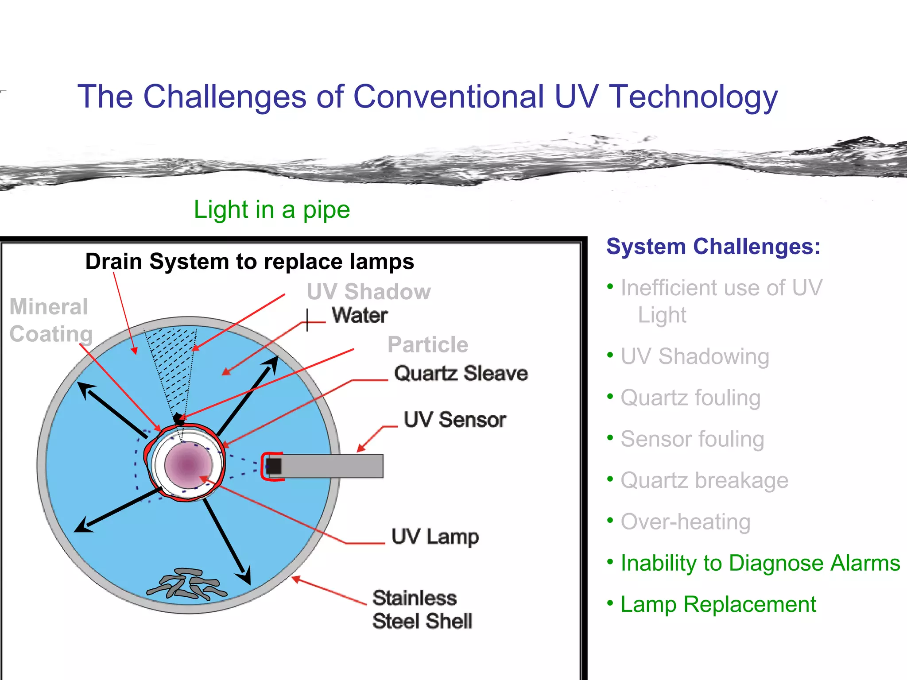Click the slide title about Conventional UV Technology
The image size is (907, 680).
(x=427, y=97)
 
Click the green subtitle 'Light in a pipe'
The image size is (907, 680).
(x=271, y=210)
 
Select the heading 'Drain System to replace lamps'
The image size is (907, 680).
(x=249, y=261)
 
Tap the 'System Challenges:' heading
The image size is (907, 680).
(x=713, y=247)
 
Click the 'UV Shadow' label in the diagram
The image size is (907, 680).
(x=368, y=292)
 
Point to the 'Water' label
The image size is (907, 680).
(x=360, y=316)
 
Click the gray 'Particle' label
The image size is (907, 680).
(x=427, y=345)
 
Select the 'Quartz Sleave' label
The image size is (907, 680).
(x=461, y=373)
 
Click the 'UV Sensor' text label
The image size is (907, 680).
(x=455, y=419)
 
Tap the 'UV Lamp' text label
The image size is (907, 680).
(x=435, y=537)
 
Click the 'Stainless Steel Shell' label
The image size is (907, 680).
(x=422, y=609)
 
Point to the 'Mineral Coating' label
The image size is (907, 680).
(x=50, y=320)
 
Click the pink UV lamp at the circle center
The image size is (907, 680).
(x=188, y=465)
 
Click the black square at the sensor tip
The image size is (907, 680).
(x=274, y=466)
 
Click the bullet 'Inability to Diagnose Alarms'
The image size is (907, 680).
(x=760, y=563)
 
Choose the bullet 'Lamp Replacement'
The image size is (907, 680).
(x=718, y=604)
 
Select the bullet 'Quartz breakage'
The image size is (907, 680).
(x=704, y=480)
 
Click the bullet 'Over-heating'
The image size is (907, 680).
(x=685, y=522)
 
